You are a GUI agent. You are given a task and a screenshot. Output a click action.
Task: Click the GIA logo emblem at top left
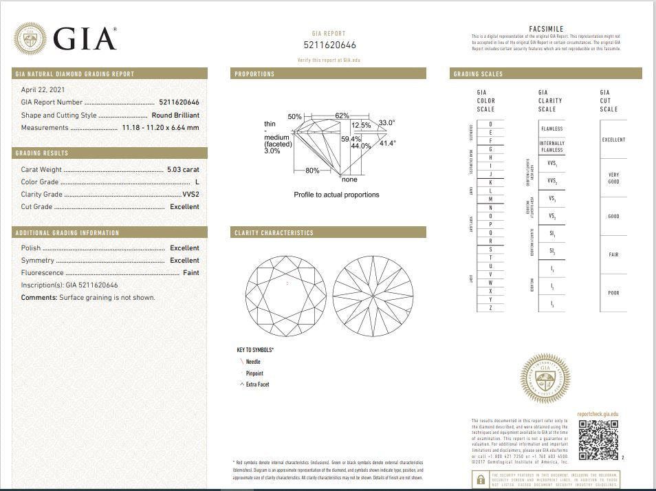click(30, 39)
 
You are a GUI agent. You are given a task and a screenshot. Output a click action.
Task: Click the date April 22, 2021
click(42, 89)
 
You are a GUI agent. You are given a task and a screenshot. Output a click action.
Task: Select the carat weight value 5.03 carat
click(183, 169)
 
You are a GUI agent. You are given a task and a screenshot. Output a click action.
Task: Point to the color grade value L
click(197, 182)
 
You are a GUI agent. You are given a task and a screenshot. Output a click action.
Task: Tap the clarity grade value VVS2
click(190, 195)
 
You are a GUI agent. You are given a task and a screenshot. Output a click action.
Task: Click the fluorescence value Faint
click(190, 273)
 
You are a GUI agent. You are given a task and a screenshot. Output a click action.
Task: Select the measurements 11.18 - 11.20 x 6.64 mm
click(160, 128)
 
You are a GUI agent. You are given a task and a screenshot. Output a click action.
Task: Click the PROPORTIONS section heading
click(254, 74)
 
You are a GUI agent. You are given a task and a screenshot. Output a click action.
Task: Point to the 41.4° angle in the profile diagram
click(388, 143)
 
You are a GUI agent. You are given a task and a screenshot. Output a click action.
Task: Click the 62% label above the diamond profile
click(342, 116)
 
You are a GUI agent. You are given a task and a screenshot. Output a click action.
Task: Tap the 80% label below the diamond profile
click(312, 170)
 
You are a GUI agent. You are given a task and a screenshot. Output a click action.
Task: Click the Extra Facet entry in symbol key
click(257, 384)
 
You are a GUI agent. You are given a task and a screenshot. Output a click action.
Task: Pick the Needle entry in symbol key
click(253, 362)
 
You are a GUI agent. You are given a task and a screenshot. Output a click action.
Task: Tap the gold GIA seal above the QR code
click(545, 378)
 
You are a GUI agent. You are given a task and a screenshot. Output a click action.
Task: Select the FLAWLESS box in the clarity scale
click(551, 129)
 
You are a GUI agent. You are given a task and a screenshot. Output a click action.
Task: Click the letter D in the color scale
click(490, 124)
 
